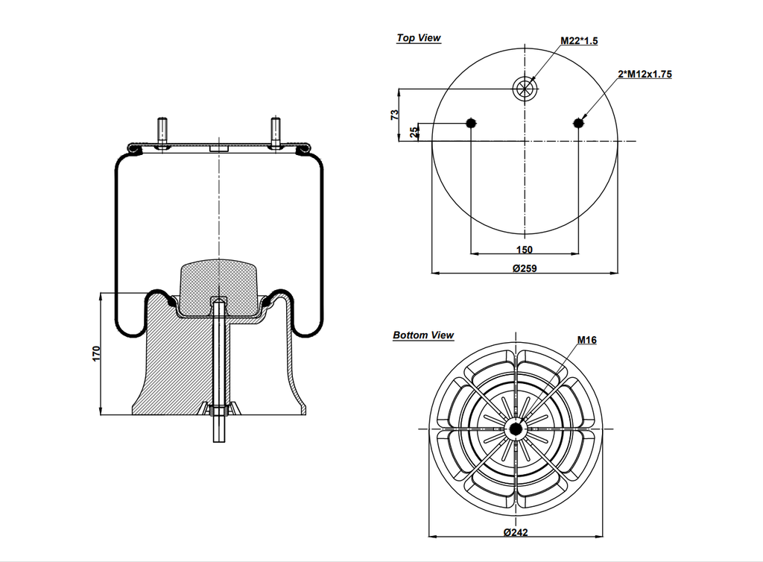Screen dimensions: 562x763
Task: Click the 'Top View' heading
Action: click(x=418, y=38)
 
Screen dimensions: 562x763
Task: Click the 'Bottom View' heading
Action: click(x=423, y=335)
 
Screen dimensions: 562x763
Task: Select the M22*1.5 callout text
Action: click(x=579, y=41)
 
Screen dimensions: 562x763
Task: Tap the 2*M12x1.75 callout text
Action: click(x=645, y=75)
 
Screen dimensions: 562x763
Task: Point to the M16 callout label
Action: click(x=586, y=340)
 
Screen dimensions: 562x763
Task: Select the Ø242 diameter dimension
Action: click(x=516, y=531)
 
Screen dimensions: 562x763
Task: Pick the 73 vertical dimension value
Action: click(x=395, y=115)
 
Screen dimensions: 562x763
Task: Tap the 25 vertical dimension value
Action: click(x=415, y=132)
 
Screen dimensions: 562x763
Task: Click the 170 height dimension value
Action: click(x=96, y=353)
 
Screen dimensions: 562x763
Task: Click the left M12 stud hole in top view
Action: click(x=470, y=123)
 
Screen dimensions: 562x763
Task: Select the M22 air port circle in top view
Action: click(x=525, y=89)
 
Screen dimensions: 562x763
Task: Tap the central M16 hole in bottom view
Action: click(x=515, y=429)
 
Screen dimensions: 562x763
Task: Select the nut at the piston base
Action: click(x=218, y=411)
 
